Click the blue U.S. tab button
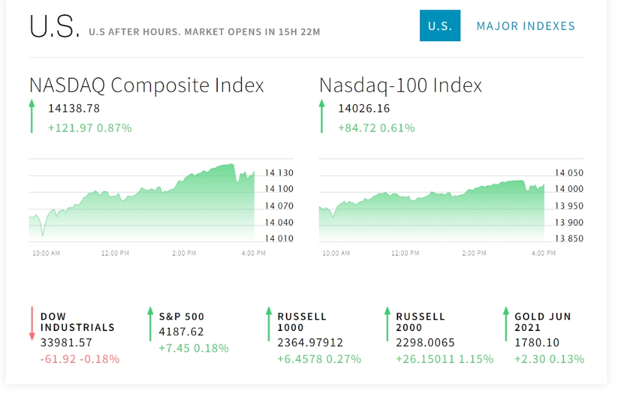(x=440, y=26)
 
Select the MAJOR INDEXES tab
(x=525, y=26)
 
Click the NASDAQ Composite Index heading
(x=147, y=85)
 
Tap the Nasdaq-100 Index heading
(x=401, y=85)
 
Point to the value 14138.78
(x=74, y=109)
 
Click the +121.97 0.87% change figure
(x=90, y=128)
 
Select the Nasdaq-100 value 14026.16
(x=364, y=109)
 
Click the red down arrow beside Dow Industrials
(x=32, y=324)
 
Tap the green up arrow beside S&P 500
(x=150, y=324)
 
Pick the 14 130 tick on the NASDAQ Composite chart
(x=279, y=173)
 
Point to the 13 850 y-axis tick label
(x=569, y=239)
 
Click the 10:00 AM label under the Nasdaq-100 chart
(x=336, y=253)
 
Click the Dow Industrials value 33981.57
(x=66, y=342)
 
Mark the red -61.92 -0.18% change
(x=80, y=359)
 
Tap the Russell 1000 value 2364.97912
(x=310, y=343)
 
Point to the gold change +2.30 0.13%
(x=549, y=359)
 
